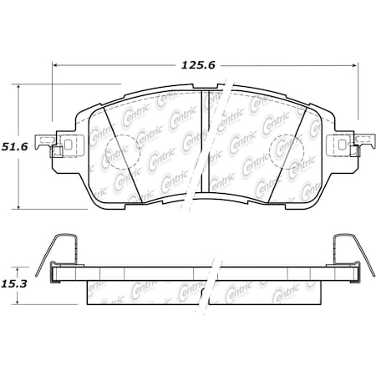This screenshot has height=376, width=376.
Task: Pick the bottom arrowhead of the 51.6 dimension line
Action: click(19, 207)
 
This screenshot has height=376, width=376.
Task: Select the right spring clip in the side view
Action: click(347, 251)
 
